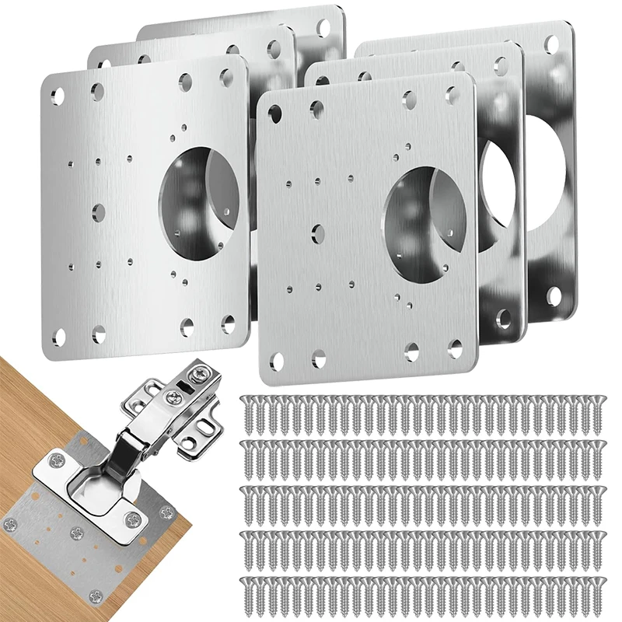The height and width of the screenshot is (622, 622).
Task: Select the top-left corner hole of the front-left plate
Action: point(58,96)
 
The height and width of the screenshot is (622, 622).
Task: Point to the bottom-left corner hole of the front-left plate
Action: point(59,336)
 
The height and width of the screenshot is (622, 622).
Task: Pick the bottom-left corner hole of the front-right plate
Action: point(278,358)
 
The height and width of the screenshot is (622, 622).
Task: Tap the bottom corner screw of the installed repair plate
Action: point(96,597)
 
